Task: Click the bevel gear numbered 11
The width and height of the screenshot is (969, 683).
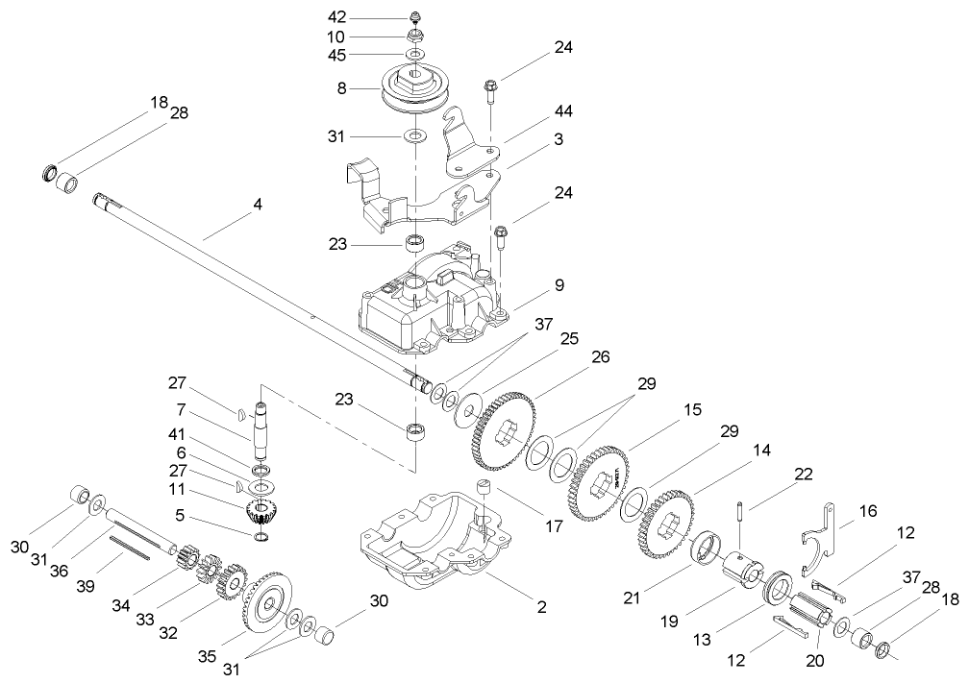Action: pyautogui.click(x=259, y=511)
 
